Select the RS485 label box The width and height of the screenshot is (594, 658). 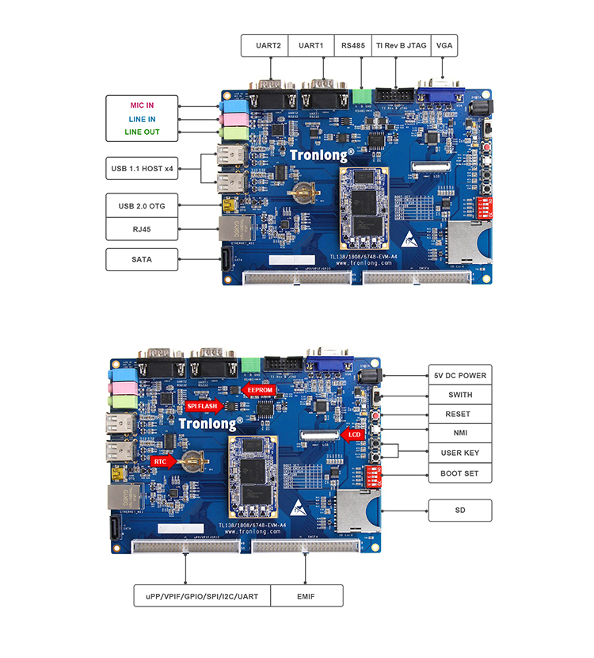(x=353, y=46)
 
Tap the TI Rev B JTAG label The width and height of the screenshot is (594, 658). (x=402, y=46)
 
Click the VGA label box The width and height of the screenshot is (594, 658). (x=445, y=46)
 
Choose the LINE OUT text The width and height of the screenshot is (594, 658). (x=142, y=132)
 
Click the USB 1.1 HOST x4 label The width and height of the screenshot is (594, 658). (x=142, y=168)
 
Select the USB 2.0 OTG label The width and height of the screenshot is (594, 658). (x=142, y=205)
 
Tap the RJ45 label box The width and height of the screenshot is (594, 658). (x=142, y=228)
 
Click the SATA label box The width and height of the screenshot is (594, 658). (x=142, y=259)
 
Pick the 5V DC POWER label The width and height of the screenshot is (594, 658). (x=460, y=376)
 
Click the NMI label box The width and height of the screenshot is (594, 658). (x=460, y=434)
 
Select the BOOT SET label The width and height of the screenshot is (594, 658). (x=460, y=474)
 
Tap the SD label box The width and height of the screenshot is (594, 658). (x=460, y=511)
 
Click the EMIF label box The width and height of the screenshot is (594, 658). (x=307, y=595)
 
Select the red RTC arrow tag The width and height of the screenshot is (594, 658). (x=162, y=460)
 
